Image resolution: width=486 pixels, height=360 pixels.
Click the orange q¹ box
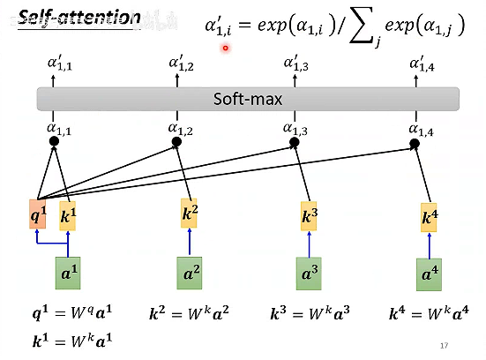(x=36, y=215)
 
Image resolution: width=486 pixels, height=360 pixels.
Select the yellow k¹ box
(x=68, y=215)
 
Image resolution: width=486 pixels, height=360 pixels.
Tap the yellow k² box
(x=190, y=213)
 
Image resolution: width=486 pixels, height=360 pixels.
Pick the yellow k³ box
(x=309, y=216)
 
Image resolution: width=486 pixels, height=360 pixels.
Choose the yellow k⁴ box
(x=429, y=218)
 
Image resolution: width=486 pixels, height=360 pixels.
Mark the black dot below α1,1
(x=54, y=141)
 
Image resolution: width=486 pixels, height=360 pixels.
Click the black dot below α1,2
(x=176, y=141)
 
